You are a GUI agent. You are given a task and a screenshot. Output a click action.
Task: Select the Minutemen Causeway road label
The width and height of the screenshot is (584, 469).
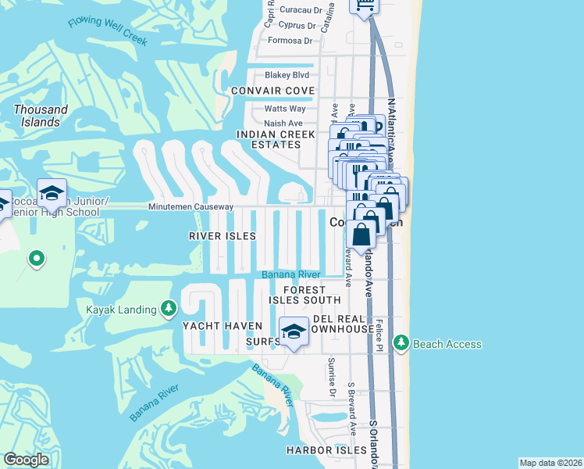tap(191, 207)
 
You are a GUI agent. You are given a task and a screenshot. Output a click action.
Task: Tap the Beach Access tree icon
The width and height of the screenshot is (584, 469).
tap(401, 343)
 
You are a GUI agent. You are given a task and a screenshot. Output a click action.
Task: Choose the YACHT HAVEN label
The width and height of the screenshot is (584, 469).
tap(215, 325)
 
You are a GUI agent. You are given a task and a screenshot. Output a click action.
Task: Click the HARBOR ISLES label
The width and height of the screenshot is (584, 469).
tap(326, 450)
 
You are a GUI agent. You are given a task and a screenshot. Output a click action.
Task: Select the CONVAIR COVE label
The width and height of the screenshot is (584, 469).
tap(272, 91)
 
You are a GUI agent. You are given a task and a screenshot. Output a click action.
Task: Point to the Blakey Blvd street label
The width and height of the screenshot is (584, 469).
tap(287, 75)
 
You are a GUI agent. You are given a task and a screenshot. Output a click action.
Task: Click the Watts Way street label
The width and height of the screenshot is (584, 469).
tap(284, 109)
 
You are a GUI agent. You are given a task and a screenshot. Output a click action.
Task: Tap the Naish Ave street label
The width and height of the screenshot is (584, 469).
tap(283, 124)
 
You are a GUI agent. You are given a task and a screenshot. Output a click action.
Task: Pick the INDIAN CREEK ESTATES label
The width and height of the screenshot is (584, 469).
tap(269, 139)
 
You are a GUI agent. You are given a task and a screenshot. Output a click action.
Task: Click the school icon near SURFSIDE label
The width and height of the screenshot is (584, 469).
tap(294, 332)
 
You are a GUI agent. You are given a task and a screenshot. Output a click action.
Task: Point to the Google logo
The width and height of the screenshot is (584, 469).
tap(27, 460)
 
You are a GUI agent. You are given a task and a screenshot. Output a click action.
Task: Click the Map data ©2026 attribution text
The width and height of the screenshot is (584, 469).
tap(550, 463)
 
